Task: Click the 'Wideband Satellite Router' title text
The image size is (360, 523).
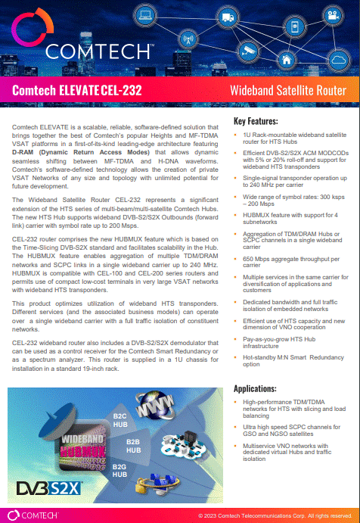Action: coord(288,91)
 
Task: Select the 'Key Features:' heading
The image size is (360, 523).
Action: coord(256,121)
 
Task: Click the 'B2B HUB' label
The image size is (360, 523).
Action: coord(134,445)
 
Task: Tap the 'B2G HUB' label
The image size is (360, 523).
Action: coord(119,472)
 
